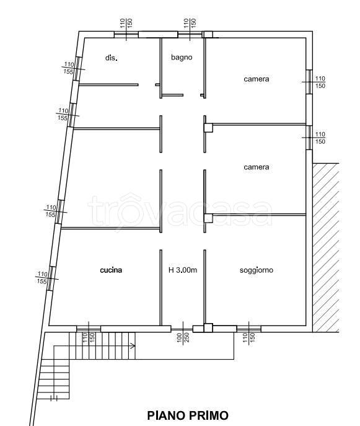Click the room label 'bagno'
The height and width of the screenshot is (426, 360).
pyautogui.click(x=182, y=57)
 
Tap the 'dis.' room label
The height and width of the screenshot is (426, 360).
pyautogui.click(x=112, y=58)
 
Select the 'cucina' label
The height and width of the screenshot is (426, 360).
pyautogui.click(x=111, y=270)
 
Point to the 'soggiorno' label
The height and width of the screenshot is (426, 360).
pyautogui.click(x=257, y=270)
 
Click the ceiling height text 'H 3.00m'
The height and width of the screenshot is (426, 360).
pyautogui.click(x=183, y=270)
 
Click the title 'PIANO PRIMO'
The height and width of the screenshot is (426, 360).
pyautogui.click(x=188, y=415)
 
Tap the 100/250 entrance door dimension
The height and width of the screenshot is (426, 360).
pyautogui.click(x=183, y=337)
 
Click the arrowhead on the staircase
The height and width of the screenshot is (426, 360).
pyautogui.click(x=133, y=346)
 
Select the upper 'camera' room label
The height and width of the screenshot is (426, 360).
pyautogui.click(x=257, y=79)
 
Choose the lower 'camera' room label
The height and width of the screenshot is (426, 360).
pyautogui.click(x=257, y=167)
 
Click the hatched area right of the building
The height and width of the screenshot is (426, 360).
pyautogui.click(x=326, y=247)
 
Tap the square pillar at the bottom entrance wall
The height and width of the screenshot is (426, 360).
pyautogui.click(x=208, y=328)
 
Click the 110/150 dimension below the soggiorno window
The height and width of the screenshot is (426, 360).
pyautogui.click(x=248, y=338)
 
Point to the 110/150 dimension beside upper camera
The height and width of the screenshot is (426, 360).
pyautogui.click(x=320, y=82)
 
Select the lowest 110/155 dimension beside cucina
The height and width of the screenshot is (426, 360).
pyautogui.click(x=42, y=277)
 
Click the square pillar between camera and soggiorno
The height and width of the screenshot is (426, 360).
pyautogui.click(x=208, y=218)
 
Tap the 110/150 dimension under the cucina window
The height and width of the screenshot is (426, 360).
pyautogui.click(x=89, y=338)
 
